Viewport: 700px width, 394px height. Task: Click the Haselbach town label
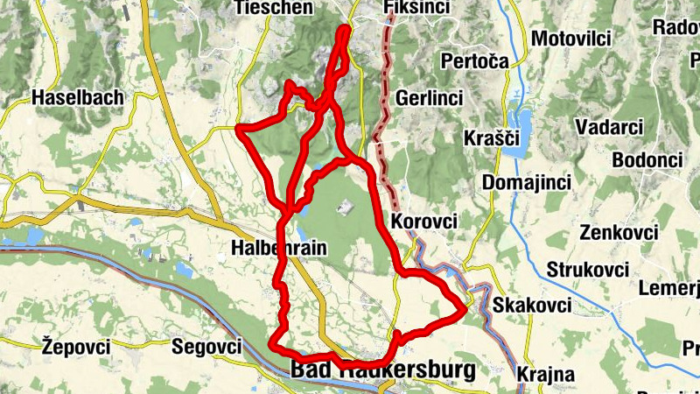point(77,98)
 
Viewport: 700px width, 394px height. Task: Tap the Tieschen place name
point(274,8)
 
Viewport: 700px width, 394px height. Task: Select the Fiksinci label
point(416,8)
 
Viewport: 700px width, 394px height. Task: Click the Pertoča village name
point(475,62)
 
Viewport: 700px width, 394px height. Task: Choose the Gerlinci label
point(429,98)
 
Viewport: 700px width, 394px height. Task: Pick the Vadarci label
point(609,127)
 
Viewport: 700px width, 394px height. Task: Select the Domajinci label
point(526,183)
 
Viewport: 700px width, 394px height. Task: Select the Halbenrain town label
point(278,248)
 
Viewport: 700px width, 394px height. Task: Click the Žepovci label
point(76,347)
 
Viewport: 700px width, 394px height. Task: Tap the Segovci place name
point(206,347)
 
